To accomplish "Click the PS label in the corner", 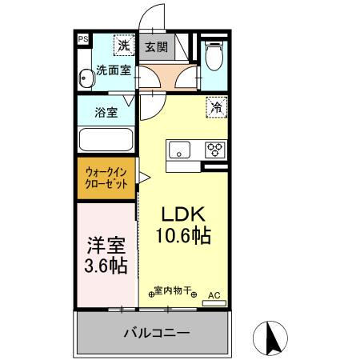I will (82, 38).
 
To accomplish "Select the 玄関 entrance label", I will (157, 46).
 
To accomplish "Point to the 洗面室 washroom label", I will (114, 70).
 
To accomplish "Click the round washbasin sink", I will (86, 78).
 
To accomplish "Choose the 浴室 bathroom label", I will (106, 112).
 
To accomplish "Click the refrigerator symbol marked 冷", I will (216, 106).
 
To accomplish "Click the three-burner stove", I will (214, 149).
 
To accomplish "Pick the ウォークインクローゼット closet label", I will (106, 177).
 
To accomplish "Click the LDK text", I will (186, 214).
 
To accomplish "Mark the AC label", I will (214, 294).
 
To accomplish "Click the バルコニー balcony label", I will (157, 332).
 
